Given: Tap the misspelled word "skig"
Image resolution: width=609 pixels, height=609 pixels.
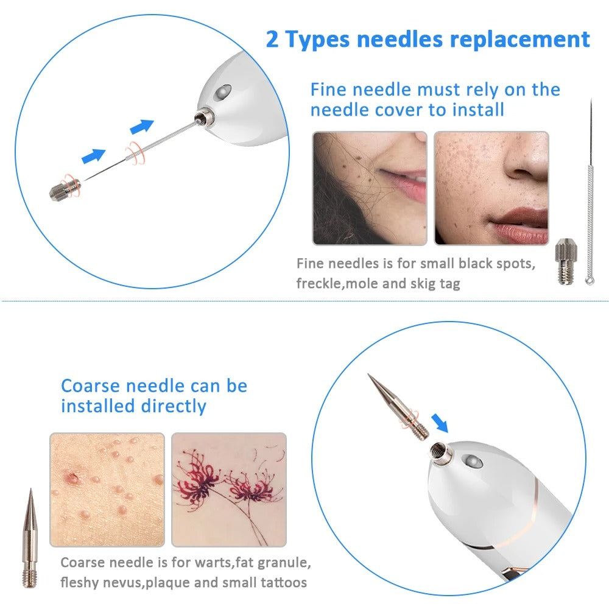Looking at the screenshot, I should (x=420, y=283).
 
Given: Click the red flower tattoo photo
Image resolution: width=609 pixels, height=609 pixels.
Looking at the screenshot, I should (x=228, y=489).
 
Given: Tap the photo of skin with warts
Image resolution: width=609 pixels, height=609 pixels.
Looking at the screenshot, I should (x=107, y=489).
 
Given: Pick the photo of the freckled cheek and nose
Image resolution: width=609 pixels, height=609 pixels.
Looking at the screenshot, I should (x=491, y=188).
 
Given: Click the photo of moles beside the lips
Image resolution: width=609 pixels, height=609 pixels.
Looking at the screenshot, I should (x=370, y=188).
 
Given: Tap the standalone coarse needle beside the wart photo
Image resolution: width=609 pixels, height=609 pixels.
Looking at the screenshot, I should (x=30, y=536).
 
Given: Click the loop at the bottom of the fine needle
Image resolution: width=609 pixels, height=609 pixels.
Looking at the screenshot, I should (x=590, y=281).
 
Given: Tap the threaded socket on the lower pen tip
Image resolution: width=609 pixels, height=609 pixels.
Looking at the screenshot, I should (x=437, y=451).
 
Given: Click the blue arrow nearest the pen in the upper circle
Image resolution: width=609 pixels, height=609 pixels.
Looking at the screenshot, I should (x=141, y=127).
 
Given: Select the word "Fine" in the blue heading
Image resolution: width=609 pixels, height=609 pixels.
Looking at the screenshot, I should (x=329, y=90).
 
